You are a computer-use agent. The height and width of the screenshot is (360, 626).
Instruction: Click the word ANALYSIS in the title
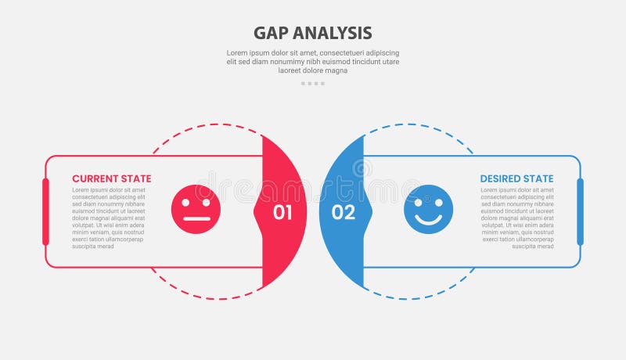(330, 33)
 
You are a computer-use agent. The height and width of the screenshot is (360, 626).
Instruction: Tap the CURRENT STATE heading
(112, 178)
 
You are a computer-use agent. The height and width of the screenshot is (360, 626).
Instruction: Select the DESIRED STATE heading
(516, 178)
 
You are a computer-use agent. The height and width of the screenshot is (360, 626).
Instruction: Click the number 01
(282, 212)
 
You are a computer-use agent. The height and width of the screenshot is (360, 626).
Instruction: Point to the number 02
(344, 212)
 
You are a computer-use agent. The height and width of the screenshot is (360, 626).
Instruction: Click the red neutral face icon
(196, 210)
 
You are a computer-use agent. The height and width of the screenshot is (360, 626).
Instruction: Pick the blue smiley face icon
(429, 210)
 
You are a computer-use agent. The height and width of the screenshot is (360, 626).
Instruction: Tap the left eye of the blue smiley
(419, 203)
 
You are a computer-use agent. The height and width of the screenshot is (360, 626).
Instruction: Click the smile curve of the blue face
(429, 220)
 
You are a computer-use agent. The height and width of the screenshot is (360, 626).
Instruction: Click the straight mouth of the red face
(196, 218)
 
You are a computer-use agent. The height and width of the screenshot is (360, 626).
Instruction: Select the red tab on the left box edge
(45, 211)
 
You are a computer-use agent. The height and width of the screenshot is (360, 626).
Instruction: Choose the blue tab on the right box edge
(580, 211)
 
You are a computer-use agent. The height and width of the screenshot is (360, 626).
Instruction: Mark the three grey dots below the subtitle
(312, 83)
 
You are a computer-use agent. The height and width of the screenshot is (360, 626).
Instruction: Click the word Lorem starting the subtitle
(239, 53)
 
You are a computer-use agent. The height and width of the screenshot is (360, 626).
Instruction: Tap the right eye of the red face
(204, 203)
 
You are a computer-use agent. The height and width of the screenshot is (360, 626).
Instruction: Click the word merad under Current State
(105, 247)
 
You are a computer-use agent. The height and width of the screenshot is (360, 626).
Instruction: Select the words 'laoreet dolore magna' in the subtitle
(312, 70)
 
